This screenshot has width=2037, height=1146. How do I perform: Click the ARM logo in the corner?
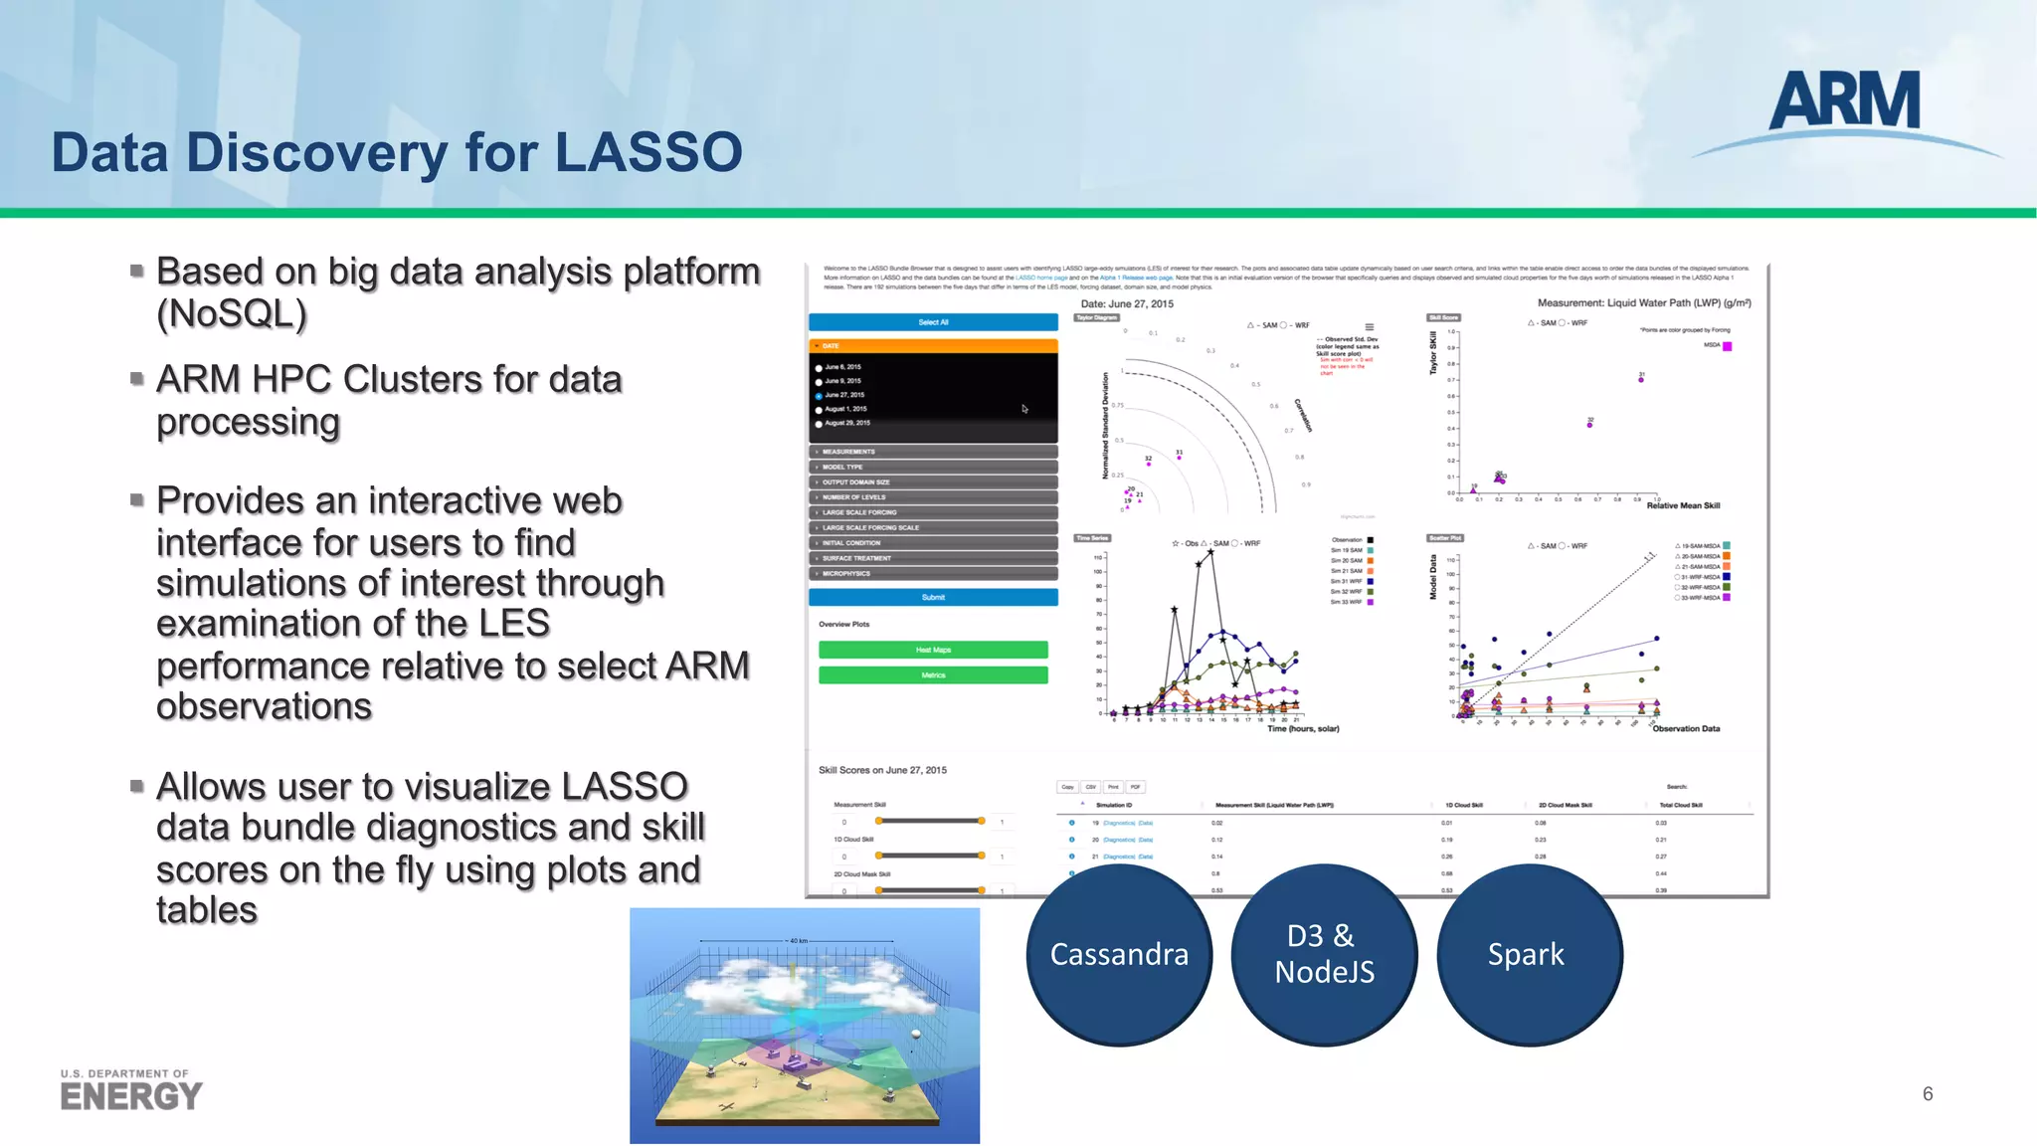click(x=1845, y=103)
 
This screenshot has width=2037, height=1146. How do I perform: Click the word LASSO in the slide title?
click(x=648, y=152)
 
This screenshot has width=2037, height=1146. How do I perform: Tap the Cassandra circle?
click(x=1119, y=954)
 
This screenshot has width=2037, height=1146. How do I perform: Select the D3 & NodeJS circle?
click(x=1324, y=954)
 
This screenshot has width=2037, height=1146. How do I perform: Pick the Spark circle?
click(x=1527, y=954)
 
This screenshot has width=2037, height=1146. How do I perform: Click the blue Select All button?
click(x=933, y=322)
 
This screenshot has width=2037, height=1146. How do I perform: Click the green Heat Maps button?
click(x=933, y=650)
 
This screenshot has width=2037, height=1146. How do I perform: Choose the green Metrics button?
click(x=933, y=675)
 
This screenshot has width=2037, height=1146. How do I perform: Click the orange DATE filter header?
click(x=933, y=346)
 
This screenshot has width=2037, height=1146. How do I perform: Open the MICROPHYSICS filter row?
click(x=933, y=574)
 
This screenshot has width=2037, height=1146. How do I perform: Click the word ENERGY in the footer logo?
click(x=130, y=1096)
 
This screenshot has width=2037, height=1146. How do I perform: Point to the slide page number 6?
click(x=1928, y=1094)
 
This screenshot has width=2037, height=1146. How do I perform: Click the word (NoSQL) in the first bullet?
click(x=232, y=314)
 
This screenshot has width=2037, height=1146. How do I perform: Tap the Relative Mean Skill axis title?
click(x=1683, y=505)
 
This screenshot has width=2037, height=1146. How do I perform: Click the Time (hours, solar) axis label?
click(x=1303, y=729)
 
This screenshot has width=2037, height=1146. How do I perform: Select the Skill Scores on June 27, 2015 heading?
click(x=882, y=770)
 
